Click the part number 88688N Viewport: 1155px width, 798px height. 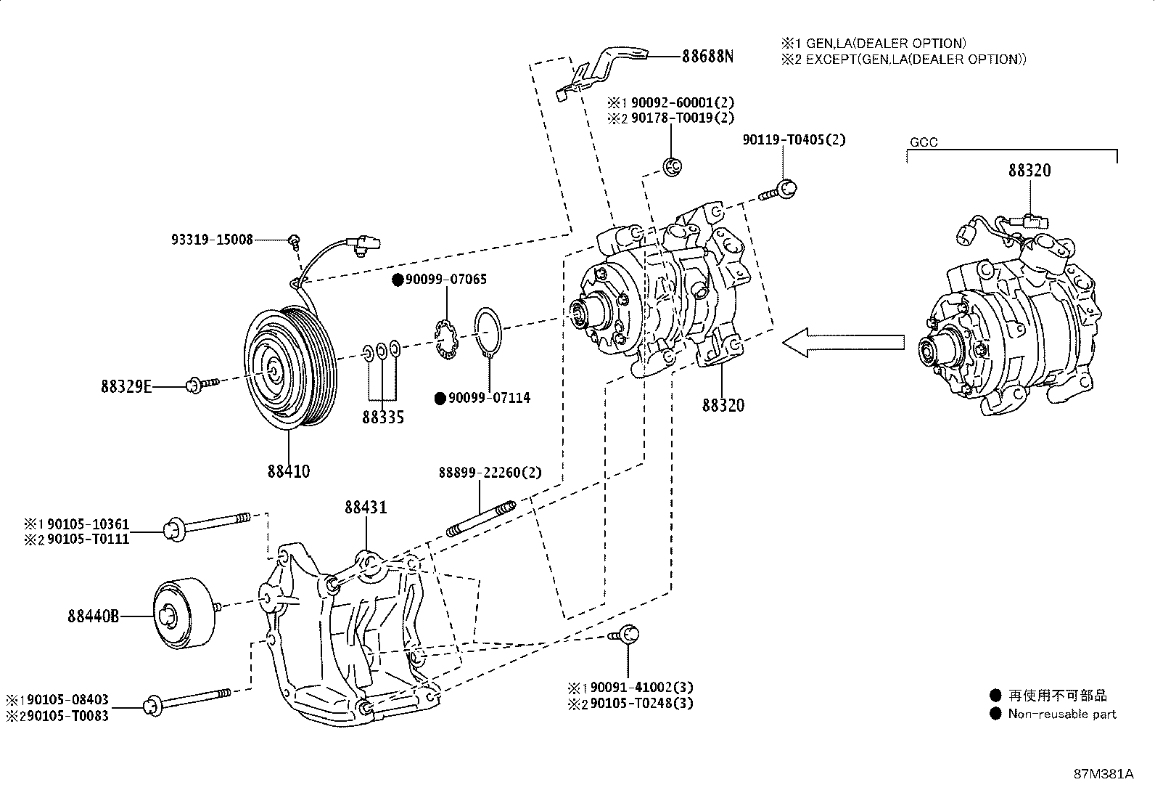707,56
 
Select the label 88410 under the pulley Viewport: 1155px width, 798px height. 289,471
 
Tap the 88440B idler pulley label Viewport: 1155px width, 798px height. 94,616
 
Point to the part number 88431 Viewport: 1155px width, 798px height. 366,507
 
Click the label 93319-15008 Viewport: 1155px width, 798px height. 212,240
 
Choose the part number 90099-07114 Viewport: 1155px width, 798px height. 489,398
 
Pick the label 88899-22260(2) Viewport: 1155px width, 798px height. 490,472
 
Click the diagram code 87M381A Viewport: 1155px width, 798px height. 1104,774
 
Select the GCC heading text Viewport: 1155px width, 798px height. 924,142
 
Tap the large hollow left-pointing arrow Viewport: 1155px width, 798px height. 843,342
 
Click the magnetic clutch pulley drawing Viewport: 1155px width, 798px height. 290,367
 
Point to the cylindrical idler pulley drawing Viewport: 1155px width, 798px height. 184,613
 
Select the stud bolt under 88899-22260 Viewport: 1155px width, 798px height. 480,518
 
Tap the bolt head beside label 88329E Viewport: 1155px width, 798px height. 194,385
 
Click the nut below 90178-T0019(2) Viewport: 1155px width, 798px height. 672,167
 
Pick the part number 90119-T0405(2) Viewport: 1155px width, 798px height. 794,139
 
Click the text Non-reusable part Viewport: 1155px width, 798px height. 1061,714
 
